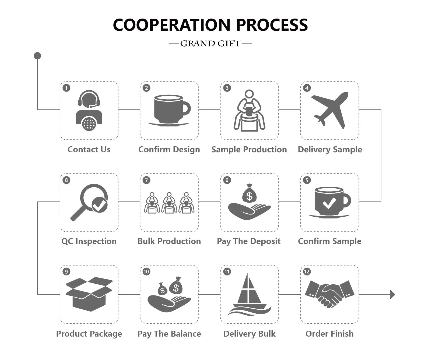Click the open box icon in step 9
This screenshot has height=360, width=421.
click(89, 294)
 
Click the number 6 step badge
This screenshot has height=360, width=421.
click(227, 180)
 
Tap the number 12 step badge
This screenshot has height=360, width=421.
click(307, 271)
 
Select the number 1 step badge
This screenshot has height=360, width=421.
click(66, 88)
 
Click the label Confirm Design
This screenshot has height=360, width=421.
click(169, 150)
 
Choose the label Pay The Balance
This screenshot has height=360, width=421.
click(169, 334)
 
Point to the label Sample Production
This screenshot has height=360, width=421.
click(249, 150)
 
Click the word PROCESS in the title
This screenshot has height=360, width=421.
click(272, 25)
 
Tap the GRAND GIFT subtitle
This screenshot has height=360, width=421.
click(210, 44)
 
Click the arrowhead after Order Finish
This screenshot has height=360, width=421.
click(392, 294)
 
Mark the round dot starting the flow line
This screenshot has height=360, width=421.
click(37, 56)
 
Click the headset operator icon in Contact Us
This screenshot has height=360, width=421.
click(89, 110)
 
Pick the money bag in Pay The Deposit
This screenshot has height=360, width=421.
click(250, 194)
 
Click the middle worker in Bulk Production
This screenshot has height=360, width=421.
click(169, 203)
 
